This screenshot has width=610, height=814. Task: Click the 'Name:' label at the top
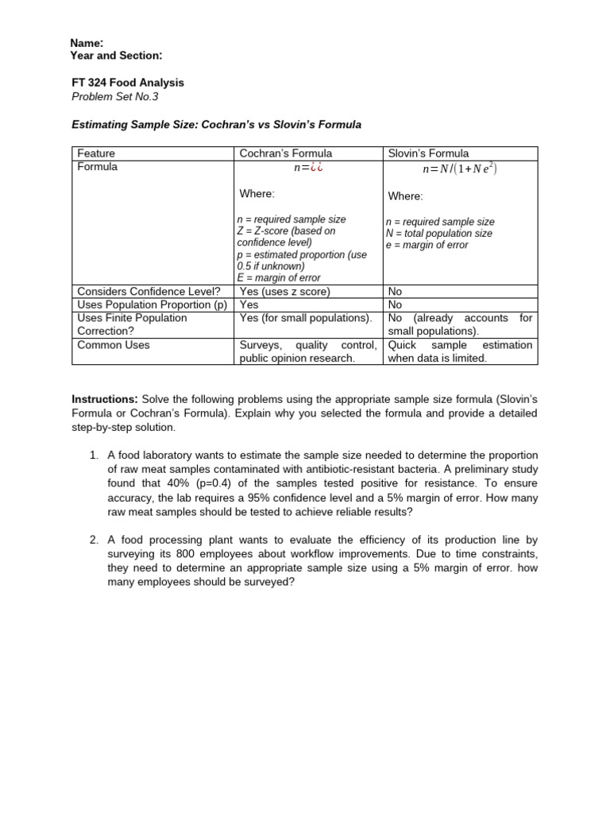87,43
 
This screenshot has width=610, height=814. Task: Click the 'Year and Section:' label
116,55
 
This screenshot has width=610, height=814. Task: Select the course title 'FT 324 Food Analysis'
127,83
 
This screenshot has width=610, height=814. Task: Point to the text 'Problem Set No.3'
115,96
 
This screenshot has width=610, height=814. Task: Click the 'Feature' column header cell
96,153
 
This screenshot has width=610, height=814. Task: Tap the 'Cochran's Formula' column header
286,153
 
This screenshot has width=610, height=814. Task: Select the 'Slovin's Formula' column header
428,153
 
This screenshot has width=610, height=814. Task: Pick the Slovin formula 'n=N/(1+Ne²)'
460,169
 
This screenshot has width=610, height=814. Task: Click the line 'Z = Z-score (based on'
286,231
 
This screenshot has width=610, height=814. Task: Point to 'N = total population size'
438,234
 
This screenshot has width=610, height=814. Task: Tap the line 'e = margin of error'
427,245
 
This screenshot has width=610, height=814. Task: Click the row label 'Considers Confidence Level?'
149,292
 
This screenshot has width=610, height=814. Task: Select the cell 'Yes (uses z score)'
284,292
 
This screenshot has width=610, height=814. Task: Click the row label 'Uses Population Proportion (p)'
152,304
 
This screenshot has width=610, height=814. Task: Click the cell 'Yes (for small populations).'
306,318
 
